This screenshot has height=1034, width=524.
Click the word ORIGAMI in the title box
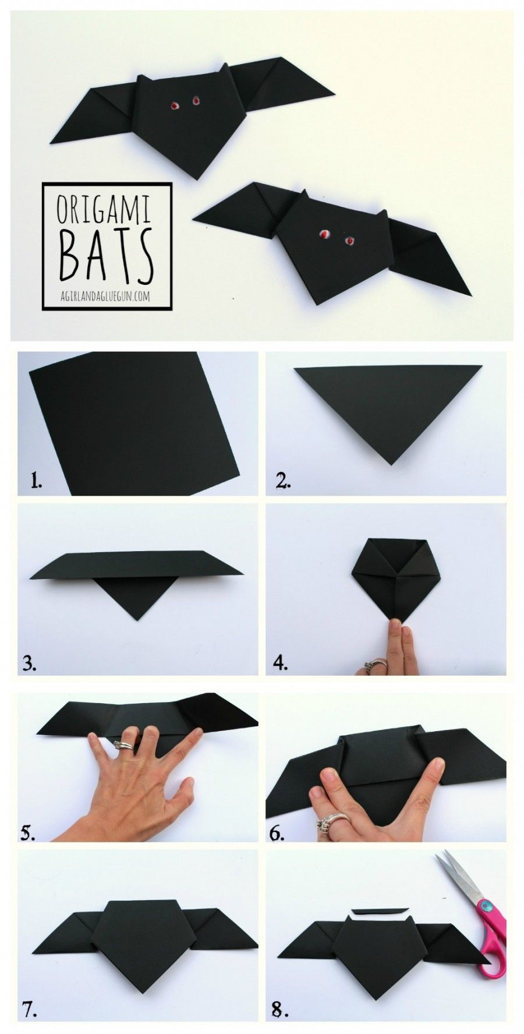pyautogui.click(x=103, y=210)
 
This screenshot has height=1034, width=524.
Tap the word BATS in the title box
pyautogui.click(x=105, y=255)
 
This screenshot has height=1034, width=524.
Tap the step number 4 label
pyautogui.click(x=281, y=663)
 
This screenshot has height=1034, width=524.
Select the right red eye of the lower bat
pyautogui.click(x=349, y=241)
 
